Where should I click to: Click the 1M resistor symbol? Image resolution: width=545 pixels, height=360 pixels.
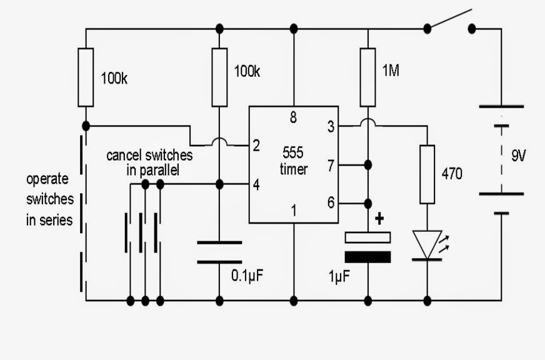[367, 77]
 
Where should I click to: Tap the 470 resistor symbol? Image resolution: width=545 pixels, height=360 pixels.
[427, 174]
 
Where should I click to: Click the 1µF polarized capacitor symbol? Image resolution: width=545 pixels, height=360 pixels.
[367, 247]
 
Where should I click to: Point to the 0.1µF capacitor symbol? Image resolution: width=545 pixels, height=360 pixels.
[219, 252]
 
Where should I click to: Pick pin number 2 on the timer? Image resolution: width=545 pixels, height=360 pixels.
[257, 146]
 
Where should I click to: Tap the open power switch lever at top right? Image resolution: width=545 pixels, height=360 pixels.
[449, 19]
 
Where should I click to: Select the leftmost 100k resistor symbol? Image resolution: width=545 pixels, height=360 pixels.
[86, 77]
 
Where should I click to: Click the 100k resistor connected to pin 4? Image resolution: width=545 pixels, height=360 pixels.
[219, 77]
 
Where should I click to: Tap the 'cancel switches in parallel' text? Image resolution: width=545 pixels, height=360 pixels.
[149, 162]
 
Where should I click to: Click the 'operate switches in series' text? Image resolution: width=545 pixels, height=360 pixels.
[49, 199]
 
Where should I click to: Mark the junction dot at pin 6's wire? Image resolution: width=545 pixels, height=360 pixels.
[367, 203]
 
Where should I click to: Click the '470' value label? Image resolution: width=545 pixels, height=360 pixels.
[452, 174]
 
